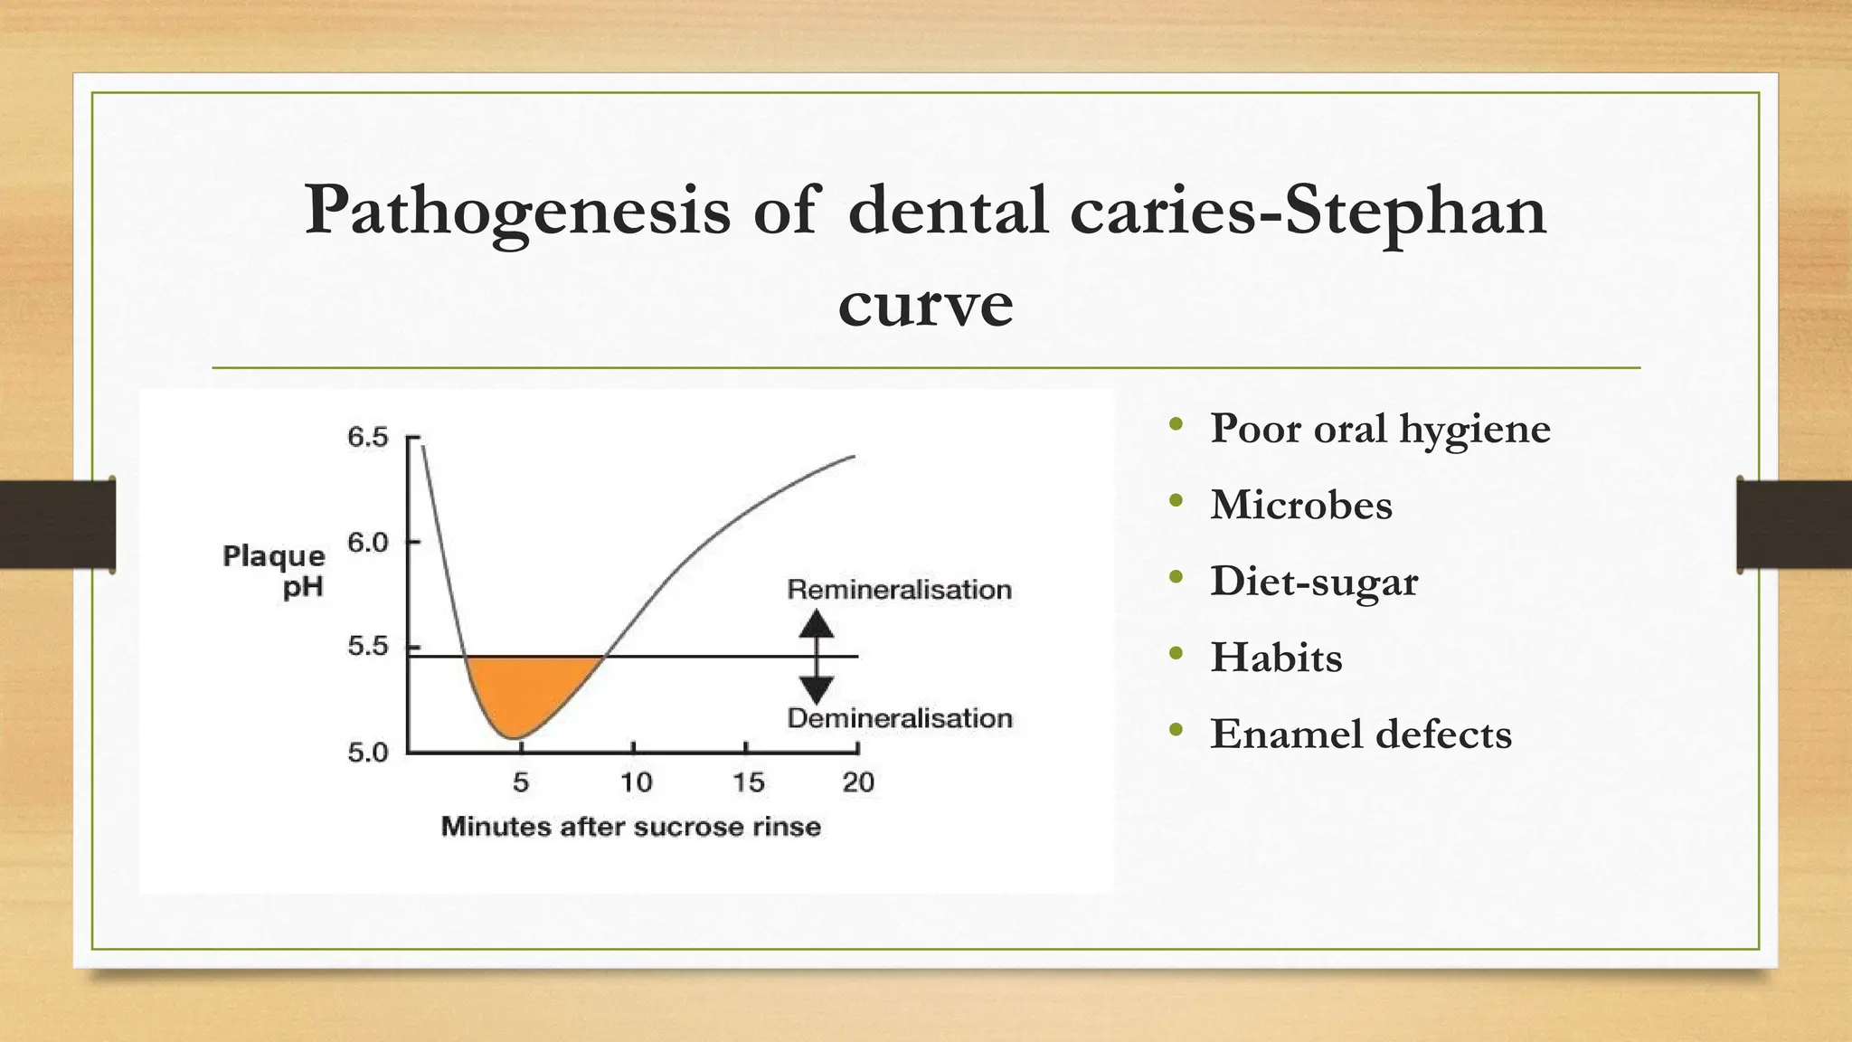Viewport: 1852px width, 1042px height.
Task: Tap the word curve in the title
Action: point(925,304)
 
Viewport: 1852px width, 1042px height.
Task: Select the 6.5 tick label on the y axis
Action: point(367,438)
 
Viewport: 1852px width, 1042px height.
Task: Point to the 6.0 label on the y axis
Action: point(367,543)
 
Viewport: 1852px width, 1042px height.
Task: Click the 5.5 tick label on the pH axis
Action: point(367,647)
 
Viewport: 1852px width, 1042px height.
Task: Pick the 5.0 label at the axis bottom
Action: point(367,753)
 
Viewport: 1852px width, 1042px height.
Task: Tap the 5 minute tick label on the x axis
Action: point(521,782)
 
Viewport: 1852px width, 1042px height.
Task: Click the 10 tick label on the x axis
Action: point(636,782)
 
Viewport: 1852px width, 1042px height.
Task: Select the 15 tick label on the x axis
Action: point(748,782)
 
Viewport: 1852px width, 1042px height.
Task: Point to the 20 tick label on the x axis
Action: point(858,782)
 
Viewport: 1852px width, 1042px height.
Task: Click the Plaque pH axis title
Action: point(275,571)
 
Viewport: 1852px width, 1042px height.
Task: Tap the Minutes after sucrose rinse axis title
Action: point(630,827)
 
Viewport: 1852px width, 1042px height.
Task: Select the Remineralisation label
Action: point(899,590)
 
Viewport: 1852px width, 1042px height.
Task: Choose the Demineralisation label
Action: point(899,719)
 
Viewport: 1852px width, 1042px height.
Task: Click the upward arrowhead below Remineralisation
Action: point(817,624)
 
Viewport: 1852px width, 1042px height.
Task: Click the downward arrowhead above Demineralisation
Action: point(817,690)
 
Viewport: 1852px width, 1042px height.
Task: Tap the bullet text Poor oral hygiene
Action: point(1380,428)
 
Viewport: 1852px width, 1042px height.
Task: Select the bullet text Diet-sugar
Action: point(1314,581)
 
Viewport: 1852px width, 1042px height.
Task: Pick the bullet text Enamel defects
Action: point(1361,734)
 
